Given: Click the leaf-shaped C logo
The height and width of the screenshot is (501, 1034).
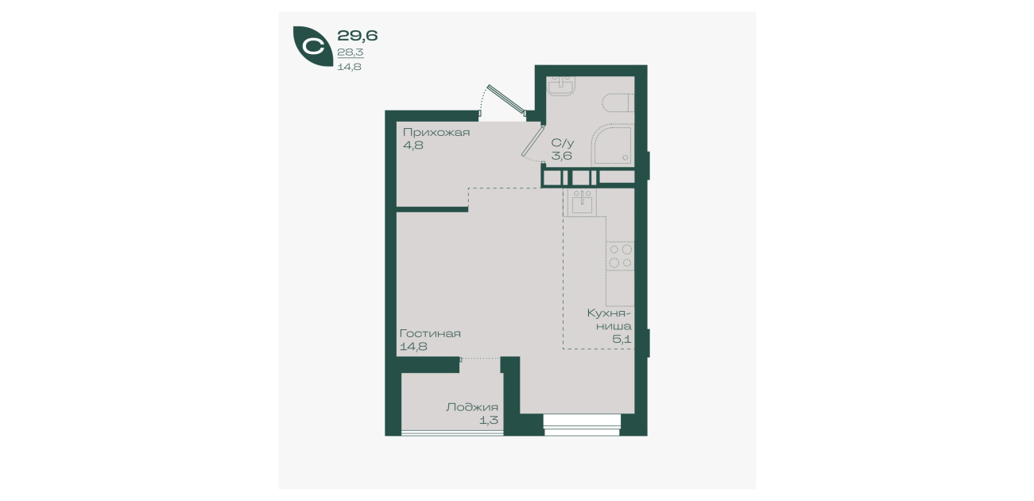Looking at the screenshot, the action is click(x=313, y=46).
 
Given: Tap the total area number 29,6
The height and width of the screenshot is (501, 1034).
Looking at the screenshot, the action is click(x=358, y=35).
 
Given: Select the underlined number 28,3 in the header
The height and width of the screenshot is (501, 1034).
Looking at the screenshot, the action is click(x=350, y=52).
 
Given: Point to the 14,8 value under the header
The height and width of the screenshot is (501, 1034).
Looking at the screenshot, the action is click(x=350, y=67).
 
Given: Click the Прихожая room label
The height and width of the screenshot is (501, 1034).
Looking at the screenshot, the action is click(x=436, y=133).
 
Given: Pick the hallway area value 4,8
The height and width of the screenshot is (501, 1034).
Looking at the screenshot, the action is click(x=413, y=146).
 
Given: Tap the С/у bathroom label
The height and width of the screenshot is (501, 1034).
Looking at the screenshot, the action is click(x=563, y=143).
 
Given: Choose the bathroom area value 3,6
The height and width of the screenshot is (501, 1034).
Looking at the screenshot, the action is click(x=561, y=156).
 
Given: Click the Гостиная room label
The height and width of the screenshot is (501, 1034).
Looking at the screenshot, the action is click(x=430, y=333).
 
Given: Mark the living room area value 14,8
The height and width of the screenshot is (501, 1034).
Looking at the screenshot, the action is click(x=413, y=346).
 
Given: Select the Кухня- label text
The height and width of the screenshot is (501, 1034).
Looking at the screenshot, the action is click(x=609, y=313).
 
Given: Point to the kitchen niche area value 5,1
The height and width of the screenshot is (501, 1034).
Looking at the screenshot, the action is click(x=622, y=340).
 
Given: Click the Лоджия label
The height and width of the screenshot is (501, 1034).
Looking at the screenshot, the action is click(x=472, y=407).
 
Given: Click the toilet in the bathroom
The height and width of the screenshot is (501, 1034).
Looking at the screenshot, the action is click(x=618, y=103).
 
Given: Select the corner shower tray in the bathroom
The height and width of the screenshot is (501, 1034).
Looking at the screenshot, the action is click(x=612, y=144).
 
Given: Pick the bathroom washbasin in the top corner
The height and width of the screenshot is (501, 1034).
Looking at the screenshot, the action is click(x=560, y=86).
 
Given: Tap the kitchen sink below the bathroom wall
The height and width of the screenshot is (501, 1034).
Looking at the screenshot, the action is click(x=582, y=203).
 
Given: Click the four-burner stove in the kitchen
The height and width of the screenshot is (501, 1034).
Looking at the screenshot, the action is click(x=621, y=256).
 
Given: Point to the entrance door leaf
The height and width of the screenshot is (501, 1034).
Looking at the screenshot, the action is click(x=506, y=99).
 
